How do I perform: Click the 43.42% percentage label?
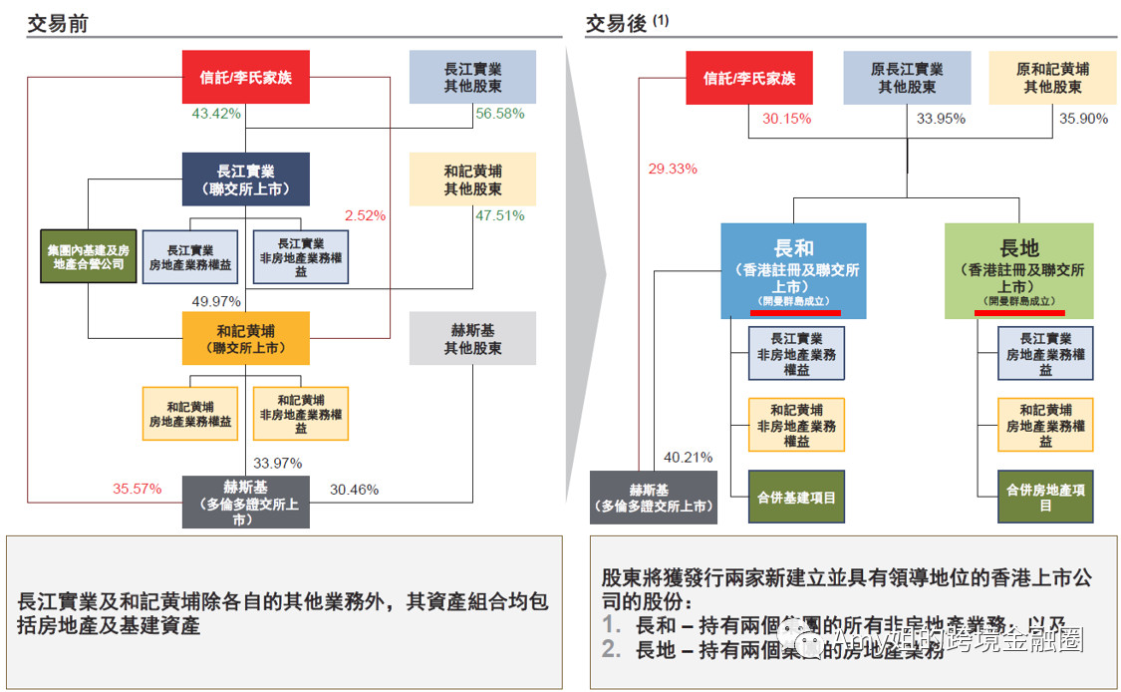coord(215,115)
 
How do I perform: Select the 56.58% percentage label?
coord(499,115)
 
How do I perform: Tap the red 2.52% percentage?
coord(365,215)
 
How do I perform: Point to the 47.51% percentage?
coord(499,215)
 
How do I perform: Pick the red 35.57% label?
coord(137,489)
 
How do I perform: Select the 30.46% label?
coord(354,489)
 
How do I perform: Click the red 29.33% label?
coord(673,169)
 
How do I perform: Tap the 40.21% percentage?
coord(688,458)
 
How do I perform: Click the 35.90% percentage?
coord(1084,118)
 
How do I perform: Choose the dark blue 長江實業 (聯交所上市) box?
coord(245,178)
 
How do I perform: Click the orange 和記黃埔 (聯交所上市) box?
coord(245,337)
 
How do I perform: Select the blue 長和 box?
coord(793,270)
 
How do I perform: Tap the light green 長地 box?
coord(1018,270)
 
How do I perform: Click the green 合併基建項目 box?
coord(796,497)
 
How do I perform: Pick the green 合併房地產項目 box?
coord(1045,497)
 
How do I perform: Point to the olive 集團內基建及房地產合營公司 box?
coord(88,255)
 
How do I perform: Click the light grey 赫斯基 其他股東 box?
coord(472,338)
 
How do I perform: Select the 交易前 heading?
coord(58,23)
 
